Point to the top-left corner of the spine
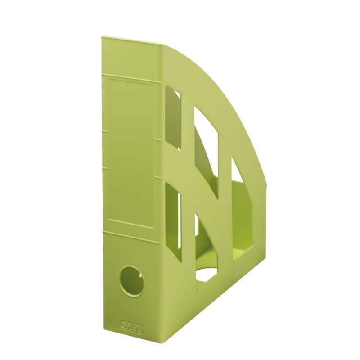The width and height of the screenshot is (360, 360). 102,38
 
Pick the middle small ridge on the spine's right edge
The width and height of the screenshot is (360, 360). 157,140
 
